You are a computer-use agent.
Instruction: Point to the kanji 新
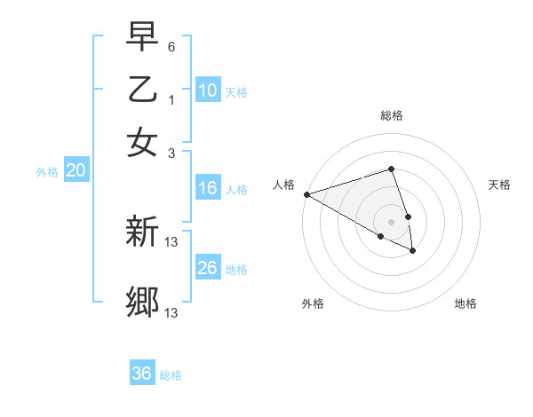[142, 233]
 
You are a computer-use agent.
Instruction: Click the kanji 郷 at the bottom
[142, 302]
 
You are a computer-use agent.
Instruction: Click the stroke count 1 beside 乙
[171, 99]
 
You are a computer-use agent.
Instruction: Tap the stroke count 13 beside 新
[172, 241]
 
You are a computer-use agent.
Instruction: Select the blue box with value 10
[207, 90]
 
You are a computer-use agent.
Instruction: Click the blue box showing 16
[207, 188]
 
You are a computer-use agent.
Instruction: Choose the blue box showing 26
[207, 268]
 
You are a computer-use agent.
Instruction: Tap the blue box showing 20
[76, 171]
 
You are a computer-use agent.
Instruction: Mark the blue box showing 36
[142, 374]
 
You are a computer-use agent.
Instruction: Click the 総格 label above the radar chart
[392, 115]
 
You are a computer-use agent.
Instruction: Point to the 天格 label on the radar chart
[500, 185]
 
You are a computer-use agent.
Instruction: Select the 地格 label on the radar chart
[465, 303]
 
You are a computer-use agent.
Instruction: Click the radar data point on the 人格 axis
[306, 193]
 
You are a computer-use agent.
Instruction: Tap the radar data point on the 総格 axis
[392, 169]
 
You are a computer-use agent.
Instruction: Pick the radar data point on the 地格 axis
[413, 251]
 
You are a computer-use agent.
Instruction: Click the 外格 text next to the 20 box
[47, 172]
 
